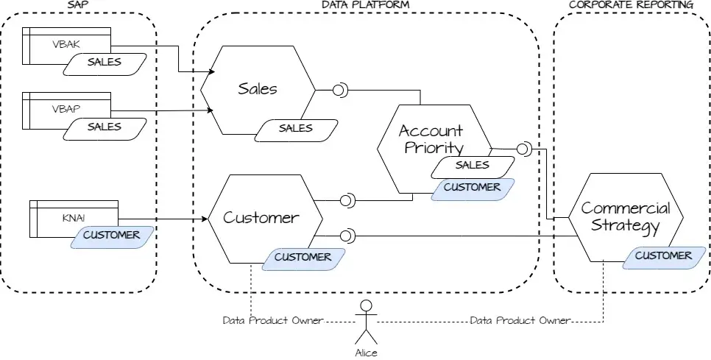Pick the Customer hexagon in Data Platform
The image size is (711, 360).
261,218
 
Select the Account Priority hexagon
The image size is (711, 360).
431,139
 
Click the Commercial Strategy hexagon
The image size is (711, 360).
625,217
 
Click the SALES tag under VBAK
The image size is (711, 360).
104,63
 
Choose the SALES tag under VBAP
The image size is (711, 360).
104,127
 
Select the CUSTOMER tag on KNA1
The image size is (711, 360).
111,236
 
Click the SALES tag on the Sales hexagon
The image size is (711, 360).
295,128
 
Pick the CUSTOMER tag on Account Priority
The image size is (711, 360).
472,187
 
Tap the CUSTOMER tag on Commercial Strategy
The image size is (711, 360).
663,256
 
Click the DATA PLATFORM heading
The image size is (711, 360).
366,5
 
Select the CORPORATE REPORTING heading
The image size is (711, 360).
631,5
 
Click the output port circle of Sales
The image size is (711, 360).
340,91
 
